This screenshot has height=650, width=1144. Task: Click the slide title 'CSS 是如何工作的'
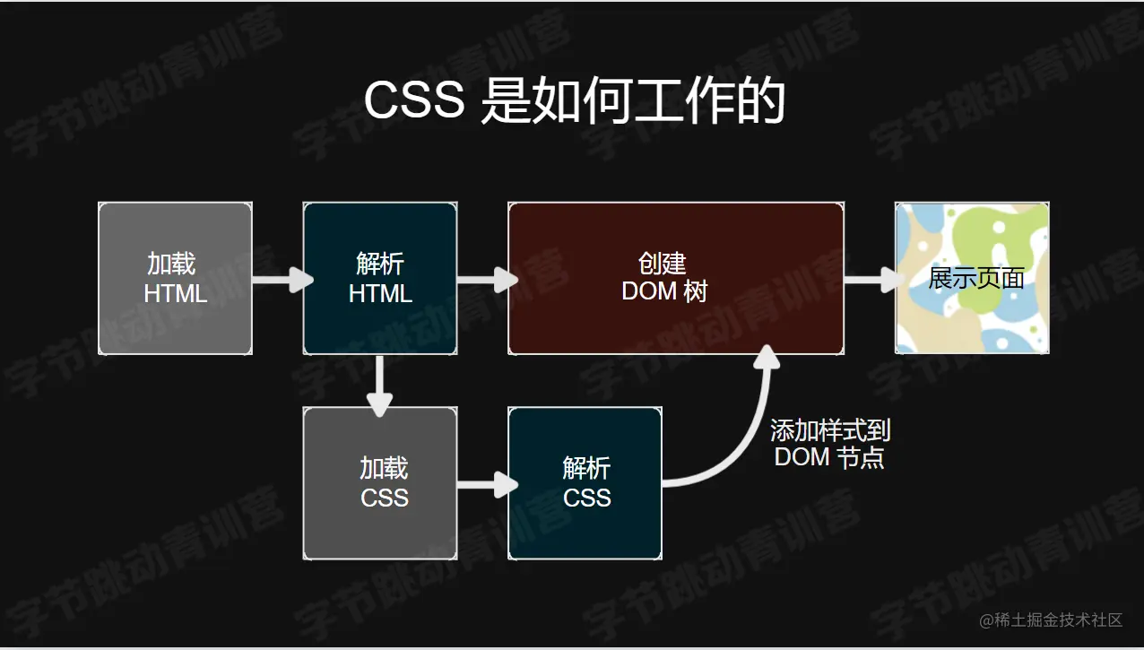pos(574,100)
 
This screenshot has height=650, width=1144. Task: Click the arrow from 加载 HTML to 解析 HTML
pos(282,280)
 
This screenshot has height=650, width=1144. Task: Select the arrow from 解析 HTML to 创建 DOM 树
pos(487,280)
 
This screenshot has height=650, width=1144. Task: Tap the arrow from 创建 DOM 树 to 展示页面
pos(871,280)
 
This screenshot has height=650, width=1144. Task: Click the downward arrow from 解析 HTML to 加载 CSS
pos(381,386)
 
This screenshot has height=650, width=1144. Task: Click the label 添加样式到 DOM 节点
pos(830,444)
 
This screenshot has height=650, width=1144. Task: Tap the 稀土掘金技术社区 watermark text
pos(1051,620)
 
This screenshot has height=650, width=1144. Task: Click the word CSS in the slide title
pos(413,100)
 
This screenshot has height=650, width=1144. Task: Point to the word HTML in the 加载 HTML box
pos(176,293)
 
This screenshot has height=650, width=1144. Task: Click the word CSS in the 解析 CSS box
pos(587,498)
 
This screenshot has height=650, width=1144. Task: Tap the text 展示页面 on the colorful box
pos(975,277)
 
